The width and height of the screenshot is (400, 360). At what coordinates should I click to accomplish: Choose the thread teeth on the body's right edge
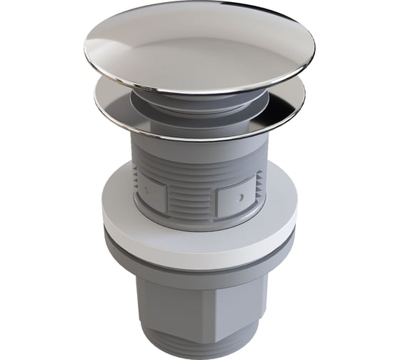[266, 179]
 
